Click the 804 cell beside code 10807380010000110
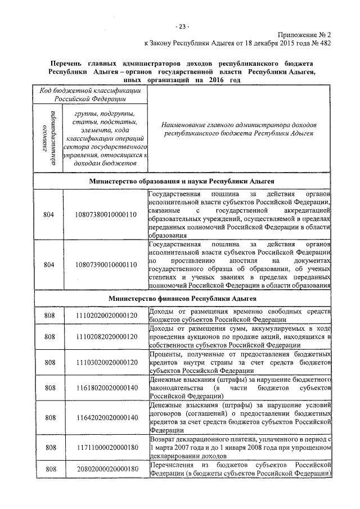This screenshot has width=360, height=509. [x=48, y=214]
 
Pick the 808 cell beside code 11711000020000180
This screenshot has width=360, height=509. [x=48, y=447]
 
